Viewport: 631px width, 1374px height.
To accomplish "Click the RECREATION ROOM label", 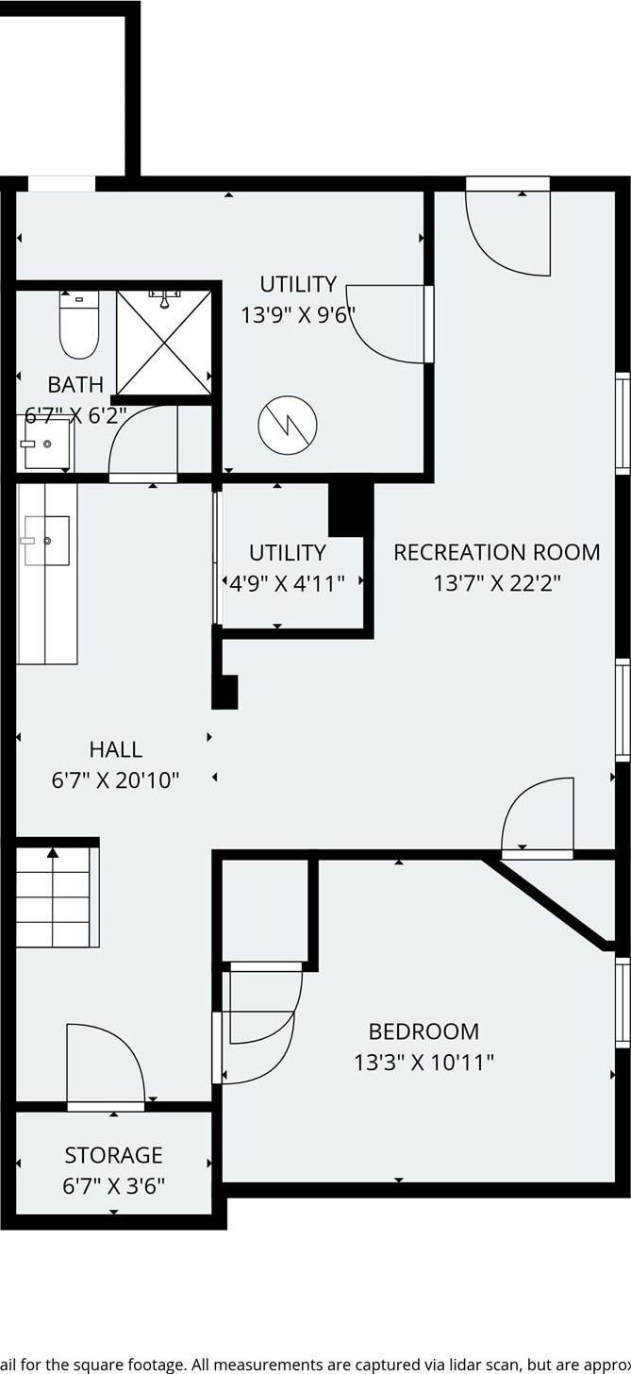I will point(496,552).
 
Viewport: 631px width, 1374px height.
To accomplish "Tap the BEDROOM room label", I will point(423,1031).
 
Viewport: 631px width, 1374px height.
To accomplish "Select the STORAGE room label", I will point(113,1155).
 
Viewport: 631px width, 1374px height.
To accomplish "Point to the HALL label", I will point(116,749).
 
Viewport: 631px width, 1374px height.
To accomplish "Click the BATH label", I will point(75,384).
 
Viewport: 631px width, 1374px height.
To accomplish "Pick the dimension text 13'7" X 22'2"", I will point(496,583).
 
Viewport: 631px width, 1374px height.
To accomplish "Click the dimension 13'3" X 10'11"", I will point(423,1063).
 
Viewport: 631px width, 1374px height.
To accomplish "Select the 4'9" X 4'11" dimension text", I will point(288,583).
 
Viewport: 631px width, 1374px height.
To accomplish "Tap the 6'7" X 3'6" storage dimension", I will point(113,1185).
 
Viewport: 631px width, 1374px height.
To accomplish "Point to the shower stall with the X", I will point(164,342).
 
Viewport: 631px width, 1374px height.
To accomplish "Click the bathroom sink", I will point(46,444).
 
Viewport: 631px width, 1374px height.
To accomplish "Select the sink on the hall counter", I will point(46,541).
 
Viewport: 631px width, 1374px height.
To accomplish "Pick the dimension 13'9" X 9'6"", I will point(298,314).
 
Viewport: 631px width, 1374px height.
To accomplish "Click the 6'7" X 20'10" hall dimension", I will point(115,780).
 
